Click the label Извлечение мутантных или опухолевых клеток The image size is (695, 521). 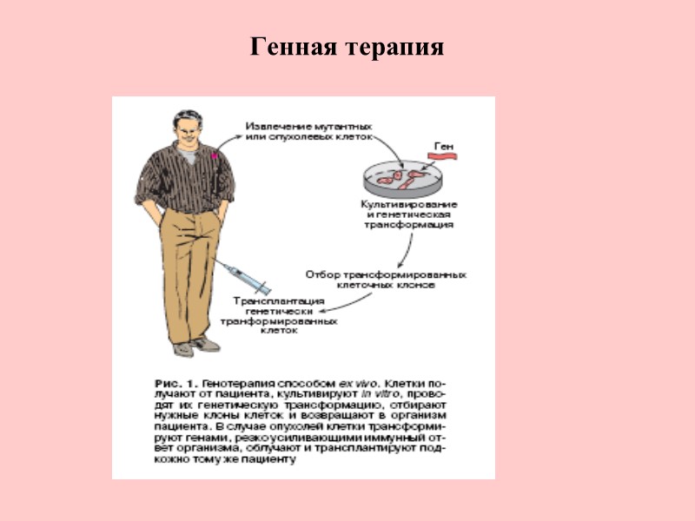[308, 131]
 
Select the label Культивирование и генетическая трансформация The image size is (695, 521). [410, 213]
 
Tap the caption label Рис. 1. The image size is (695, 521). [174, 382]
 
